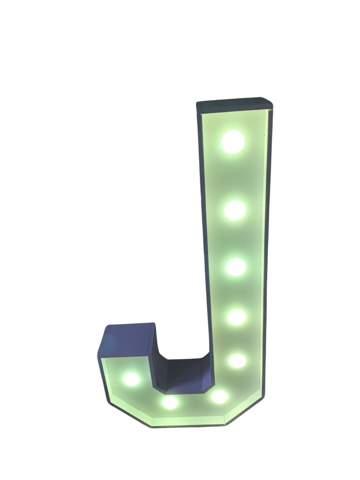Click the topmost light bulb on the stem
pos(232,142)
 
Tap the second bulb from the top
pos(235,210)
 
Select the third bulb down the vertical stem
pos(236,267)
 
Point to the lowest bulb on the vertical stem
pos(238,365)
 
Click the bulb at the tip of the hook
pos(131,379)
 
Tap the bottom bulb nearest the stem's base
pos(220,397)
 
